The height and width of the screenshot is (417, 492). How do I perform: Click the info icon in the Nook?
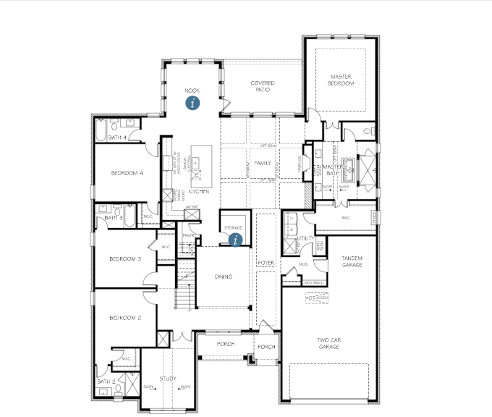point(192,103)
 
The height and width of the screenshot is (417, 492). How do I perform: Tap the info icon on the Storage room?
point(234,240)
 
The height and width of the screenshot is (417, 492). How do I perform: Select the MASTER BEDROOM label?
point(341,80)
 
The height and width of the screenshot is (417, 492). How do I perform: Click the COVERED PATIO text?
point(262,86)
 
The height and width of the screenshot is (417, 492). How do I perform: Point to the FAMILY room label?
point(262,164)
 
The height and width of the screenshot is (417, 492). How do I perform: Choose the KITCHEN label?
point(199,192)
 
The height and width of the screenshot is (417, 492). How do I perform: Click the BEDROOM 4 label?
point(127,173)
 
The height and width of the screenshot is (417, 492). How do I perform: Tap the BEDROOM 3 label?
point(124,258)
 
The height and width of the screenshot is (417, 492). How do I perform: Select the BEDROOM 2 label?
point(124,318)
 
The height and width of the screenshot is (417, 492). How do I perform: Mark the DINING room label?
point(224,277)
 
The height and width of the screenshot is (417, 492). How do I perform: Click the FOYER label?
point(266,262)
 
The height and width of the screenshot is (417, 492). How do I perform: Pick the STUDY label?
point(168,379)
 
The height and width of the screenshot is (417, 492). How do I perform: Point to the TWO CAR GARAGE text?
point(328,342)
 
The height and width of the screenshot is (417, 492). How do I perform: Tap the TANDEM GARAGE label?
point(351,261)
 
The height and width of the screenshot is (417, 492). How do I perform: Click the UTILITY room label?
point(305,237)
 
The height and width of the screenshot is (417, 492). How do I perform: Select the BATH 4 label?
point(117,137)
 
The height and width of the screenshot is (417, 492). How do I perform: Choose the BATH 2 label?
point(106,382)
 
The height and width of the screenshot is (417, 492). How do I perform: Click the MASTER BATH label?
point(332,169)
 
